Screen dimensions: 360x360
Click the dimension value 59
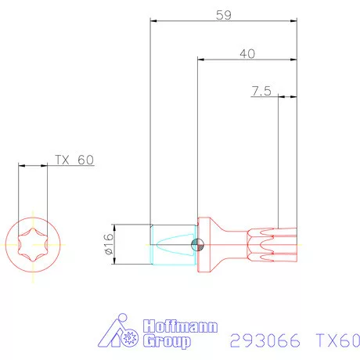[223, 14]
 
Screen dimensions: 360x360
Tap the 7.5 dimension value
[261, 92]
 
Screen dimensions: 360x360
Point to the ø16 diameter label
[108, 245]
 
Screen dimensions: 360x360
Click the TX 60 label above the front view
[74, 160]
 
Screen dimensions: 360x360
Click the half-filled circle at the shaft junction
[199, 245]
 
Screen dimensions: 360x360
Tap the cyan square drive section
[171, 245]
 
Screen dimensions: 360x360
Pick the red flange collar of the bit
[206, 245]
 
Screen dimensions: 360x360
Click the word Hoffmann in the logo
[181, 327]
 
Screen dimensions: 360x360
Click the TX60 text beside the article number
[337, 340]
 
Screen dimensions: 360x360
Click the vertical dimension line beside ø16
[120, 245]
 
